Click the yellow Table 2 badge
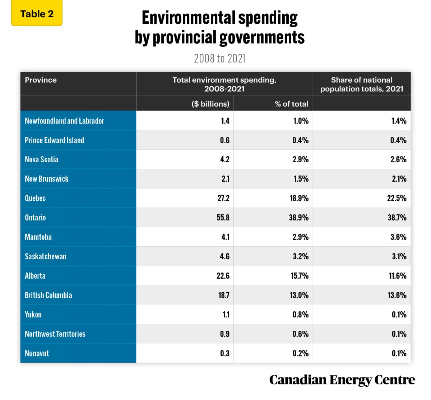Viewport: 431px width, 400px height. point(37,14)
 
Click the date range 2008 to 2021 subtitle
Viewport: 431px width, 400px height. point(219,58)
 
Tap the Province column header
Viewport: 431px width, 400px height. point(41,80)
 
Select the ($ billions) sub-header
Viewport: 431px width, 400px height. point(210,104)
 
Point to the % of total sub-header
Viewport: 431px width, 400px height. point(291,104)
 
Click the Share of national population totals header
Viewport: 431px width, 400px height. point(362,84)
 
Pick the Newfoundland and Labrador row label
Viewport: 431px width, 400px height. point(64,121)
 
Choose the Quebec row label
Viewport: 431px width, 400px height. point(35,198)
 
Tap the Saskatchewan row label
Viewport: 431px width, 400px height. point(45,256)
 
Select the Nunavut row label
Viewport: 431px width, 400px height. point(37,353)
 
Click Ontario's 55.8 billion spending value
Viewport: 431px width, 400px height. point(223,218)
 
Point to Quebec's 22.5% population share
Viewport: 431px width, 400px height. point(397,198)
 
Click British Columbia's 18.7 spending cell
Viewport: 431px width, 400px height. point(223,295)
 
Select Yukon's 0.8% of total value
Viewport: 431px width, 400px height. point(300,315)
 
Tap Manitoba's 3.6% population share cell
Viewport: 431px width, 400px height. point(398,237)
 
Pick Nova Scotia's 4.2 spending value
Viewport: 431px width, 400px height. point(224,159)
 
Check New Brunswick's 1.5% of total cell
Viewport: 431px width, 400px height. point(301,179)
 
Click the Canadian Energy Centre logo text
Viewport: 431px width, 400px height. point(342,380)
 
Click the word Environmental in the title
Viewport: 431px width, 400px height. point(188,18)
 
